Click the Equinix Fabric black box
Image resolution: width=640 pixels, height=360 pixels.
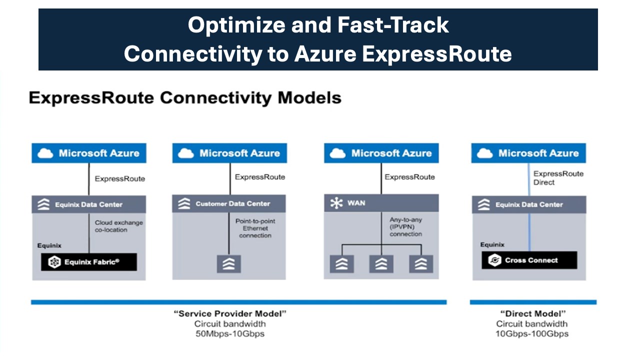(88, 261)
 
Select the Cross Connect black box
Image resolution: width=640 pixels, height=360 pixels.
(529, 260)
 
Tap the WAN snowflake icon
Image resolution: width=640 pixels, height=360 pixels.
(336, 203)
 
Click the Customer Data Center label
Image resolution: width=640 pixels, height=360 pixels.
(232, 204)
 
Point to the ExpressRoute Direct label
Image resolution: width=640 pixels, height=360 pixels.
(558, 178)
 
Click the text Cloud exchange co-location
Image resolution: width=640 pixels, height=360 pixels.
(118, 226)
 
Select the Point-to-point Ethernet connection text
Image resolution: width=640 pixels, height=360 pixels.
(255, 228)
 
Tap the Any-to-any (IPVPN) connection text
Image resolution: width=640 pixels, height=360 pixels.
(405, 226)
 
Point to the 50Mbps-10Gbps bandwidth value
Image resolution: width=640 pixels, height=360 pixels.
(229, 333)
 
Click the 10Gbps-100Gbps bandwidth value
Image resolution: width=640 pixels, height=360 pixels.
(531, 333)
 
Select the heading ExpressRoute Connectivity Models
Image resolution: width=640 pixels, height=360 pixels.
(185, 97)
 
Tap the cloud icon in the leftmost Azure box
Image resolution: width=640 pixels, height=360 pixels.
(45, 153)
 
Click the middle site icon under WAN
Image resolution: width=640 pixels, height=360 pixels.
(381, 263)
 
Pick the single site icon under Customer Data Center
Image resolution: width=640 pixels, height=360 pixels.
(229, 263)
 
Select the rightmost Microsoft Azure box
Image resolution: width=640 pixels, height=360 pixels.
(528, 153)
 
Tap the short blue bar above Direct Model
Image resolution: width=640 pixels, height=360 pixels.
(533, 302)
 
